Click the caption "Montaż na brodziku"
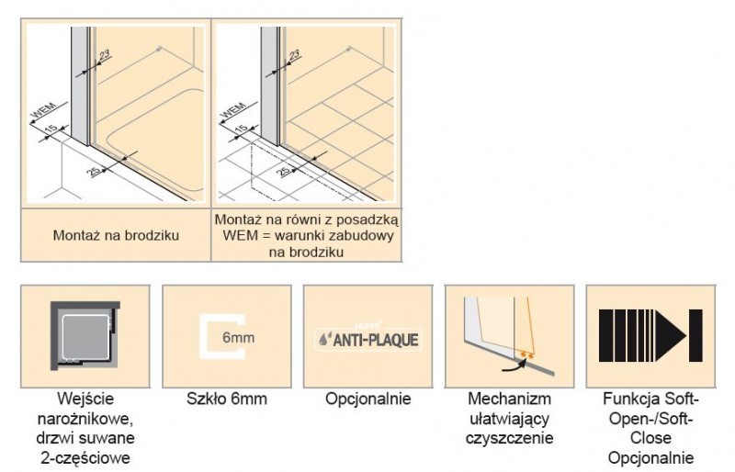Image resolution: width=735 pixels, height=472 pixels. coord(115,235)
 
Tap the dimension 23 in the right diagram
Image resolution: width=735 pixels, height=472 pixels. coord(295,60)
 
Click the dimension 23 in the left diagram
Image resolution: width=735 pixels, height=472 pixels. coord(106,60)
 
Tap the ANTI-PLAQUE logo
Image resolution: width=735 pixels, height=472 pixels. coord(367,339)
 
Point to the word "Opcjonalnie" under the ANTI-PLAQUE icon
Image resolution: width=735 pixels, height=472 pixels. coord(367,400)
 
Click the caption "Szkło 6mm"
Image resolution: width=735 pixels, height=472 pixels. coord(227,400)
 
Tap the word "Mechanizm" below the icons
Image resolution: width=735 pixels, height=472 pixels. coord(509,400)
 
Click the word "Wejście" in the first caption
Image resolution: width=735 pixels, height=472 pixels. coord(85,400)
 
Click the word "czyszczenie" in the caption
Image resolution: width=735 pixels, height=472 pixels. coord(510,438)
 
